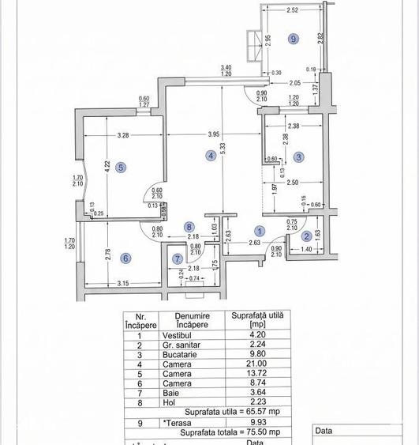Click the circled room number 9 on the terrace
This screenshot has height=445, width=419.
click(x=293, y=38)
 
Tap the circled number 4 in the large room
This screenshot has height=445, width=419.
click(x=211, y=156)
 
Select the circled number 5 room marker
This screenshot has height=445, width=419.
click(x=120, y=167)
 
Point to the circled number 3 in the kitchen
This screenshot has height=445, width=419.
click(x=298, y=157)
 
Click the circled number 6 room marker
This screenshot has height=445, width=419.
click(x=125, y=258)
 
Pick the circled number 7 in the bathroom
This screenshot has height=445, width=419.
click(x=178, y=258)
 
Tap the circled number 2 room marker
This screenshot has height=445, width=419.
click(x=306, y=236)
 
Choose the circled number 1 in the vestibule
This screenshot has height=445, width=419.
click(x=260, y=231)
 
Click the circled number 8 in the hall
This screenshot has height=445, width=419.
click(x=189, y=227)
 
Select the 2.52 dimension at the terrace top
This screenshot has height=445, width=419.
click(x=292, y=11)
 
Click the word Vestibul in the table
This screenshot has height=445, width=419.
click(x=172, y=334)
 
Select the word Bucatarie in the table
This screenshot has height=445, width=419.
click(x=174, y=355)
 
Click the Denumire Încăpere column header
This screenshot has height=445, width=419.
click(x=192, y=319)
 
